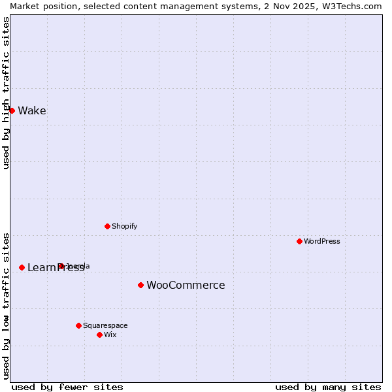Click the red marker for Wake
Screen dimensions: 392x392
[x=12, y=110]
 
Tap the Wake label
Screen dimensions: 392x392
[x=32, y=110]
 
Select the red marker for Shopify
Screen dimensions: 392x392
[x=107, y=226]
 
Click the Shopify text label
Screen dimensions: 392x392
[x=124, y=226]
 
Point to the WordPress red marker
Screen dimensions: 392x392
[x=299, y=241]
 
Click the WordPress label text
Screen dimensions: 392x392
[x=321, y=241]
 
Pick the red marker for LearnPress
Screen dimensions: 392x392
[x=22, y=267]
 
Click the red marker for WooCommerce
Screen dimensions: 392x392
[x=140, y=285]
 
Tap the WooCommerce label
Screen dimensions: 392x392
[x=186, y=285]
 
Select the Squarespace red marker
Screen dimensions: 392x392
[x=78, y=325]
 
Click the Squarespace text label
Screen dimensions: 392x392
[x=105, y=325]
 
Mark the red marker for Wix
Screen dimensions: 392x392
[x=99, y=335]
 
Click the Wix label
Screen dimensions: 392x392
[x=110, y=335]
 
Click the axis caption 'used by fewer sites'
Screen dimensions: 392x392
[x=67, y=387]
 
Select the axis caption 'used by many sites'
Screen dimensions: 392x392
[x=328, y=387]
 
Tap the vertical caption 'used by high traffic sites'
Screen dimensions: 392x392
[x=6, y=93]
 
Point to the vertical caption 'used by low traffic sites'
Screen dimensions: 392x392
[x=6, y=305]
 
